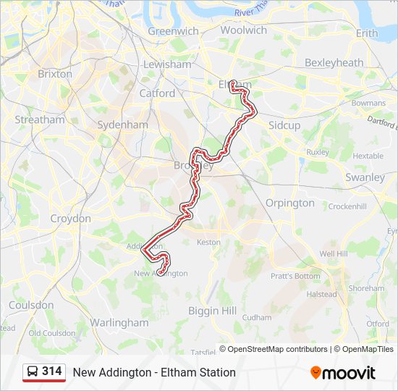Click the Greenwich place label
pos(173,31)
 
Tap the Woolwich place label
pos(243,30)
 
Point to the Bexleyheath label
pos(334,63)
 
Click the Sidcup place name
pos(284,125)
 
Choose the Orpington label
pos(290,203)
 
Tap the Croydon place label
pos(70,218)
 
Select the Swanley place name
pos(365,177)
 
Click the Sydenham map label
pos(122,125)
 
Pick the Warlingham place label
pos(119,322)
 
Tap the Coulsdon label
pos(31,305)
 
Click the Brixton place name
pos(55,74)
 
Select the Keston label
pos(208,242)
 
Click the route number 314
pos(52,371)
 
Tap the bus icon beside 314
pos(33,372)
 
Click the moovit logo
pos(343,373)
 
